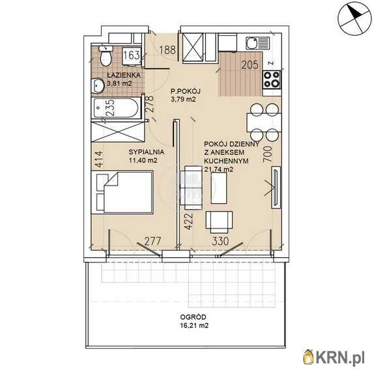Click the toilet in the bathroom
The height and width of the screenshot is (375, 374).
(x=106, y=56)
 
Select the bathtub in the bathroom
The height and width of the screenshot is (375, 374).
(x=117, y=109)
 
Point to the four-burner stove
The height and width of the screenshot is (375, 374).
(x=272, y=79)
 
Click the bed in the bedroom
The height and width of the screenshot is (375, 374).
(x=124, y=191)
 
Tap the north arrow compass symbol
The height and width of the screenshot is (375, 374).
(x=354, y=20)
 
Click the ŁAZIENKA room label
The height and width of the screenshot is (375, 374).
(x=124, y=75)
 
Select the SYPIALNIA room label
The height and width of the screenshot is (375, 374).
(x=147, y=152)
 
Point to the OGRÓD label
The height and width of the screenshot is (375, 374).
(x=193, y=317)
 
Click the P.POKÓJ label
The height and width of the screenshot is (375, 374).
(x=185, y=91)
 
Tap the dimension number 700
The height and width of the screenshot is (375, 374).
(x=268, y=154)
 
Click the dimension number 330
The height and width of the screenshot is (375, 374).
(x=220, y=241)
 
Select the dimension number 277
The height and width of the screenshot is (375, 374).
(x=152, y=241)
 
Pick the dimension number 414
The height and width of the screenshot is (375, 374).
(x=98, y=159)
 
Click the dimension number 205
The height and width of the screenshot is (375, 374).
(x=250, y=65)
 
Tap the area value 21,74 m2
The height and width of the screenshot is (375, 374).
(x=219, y=169)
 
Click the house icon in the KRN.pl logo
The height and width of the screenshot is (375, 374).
(x=309, y=357)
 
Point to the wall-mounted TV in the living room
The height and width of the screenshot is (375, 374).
(x=276, y=187)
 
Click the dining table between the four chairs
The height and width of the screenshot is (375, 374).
(x=264, y=122)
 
